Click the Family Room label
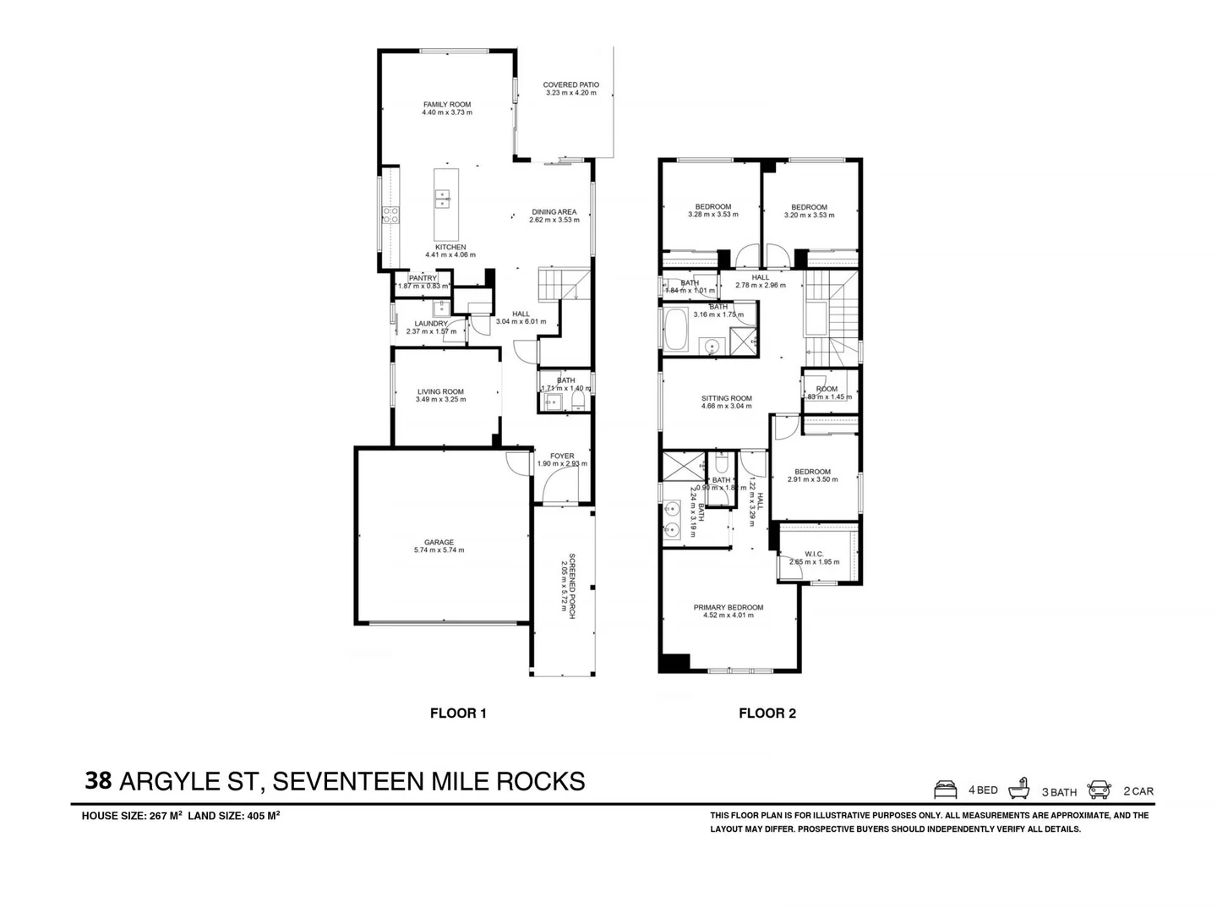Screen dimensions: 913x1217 pos(447,105)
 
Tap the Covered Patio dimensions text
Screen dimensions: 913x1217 pos(570,93)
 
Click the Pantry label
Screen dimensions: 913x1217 pos(423,278)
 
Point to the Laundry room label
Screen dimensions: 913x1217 pos(431,324)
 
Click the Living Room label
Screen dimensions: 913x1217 pos(440,391)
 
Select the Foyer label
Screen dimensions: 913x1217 pos(562,456)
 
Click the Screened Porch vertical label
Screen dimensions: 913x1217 pos(572,587)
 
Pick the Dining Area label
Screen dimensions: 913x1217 pos(554,212)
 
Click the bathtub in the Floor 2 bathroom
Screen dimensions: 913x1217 pos(677,330)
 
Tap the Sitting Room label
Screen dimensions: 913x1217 pos(726,398)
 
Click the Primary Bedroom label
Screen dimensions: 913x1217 pos(728,607)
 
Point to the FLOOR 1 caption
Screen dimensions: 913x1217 pos(458,713)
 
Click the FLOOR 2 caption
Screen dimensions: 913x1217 pos(767,713)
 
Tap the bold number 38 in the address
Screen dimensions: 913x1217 pos(98,780)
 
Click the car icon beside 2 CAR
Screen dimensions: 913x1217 pos(1099,790)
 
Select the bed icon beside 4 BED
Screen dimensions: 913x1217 pos(946,790)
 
